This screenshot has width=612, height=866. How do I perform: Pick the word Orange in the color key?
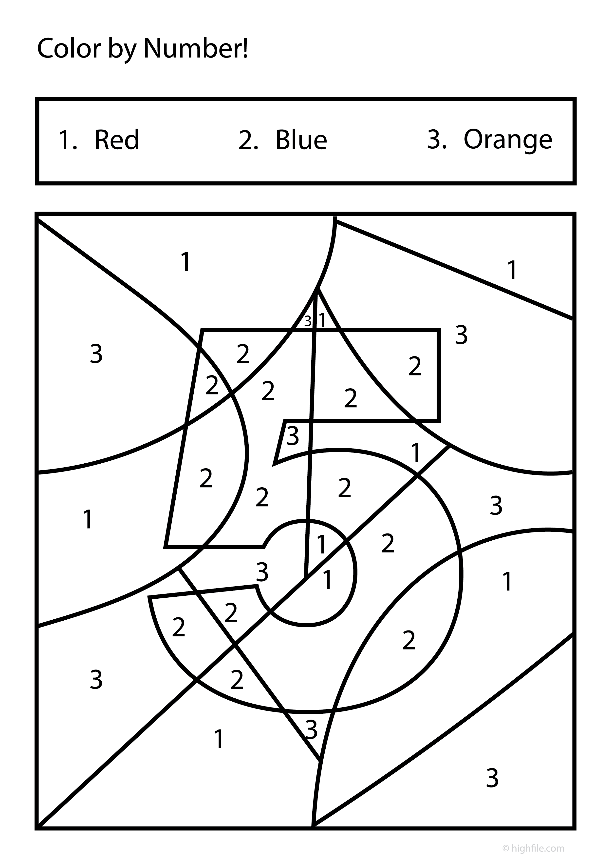(x=508, y=140)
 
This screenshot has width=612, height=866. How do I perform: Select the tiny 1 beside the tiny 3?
(x=322, y=320)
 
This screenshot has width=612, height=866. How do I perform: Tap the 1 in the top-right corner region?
(x=512, y=270)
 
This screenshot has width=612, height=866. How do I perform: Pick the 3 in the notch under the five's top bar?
(x=293, y=436)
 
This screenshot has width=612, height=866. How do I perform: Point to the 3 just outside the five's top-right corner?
(x=461, y=335)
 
